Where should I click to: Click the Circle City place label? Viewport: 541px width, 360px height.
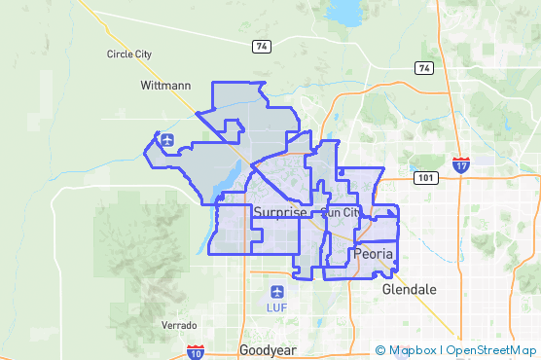pyautogui.click(x=129, y=54)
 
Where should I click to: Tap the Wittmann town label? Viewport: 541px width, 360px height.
pyautogui.click(x=164, y=86)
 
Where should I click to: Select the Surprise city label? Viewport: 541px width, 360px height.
pyautogui.click(x=279, y=212)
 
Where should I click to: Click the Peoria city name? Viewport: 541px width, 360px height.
pyautogui.click(x=374, y=254)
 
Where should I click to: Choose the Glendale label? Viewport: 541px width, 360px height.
pyautogui.click(x=410, y=290)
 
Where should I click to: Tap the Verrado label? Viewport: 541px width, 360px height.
pyautogui.click(x=179, y=325)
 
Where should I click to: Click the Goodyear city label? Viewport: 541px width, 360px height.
pyautogui.click(x=267, y=349)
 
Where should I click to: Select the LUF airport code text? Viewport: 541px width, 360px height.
pyautogui.click(x=277, y=308)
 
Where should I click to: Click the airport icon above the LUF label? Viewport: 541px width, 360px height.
pyautogui.click(x=277, y=292)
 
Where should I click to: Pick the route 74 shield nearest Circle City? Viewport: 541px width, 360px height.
pyautogui.click(x=261, y=46)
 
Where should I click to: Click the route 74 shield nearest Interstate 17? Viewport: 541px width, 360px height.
pyautogui.click(x=423, y=68)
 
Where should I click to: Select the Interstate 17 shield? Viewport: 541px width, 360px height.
pyautogui.click(x=461, y=165)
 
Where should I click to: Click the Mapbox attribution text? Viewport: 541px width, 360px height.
pyautogui.click(x=413, y=350)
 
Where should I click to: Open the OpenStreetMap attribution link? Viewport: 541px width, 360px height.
pyautogui.click(x=490, y=350)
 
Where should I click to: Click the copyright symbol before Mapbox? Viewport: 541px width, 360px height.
pyautogui.click(x=380, y=350)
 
